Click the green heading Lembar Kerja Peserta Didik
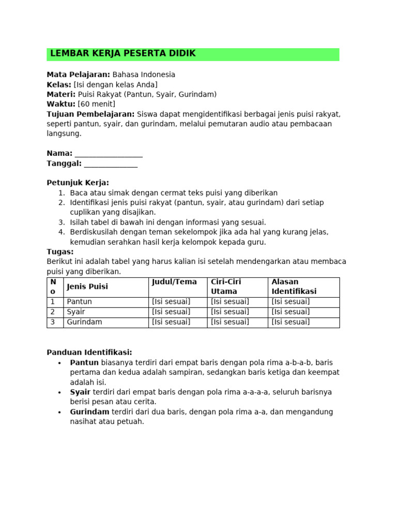tap(123, 54)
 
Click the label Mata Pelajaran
tap(79, 75)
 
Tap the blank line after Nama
tap(109, 154)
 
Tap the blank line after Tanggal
tap(111, 164)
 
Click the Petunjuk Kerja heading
tap(78, 183)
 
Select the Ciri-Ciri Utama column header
tap(226, 287)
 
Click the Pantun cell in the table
tap(80, 302)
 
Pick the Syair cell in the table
tap(76, 312)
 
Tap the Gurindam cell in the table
tap(85, 322)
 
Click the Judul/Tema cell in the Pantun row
tap(171, 302)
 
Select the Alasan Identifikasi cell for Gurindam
tap(291, 322)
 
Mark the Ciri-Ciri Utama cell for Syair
tap(230, 312)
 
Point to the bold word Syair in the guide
tap(80, 392)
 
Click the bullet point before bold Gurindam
tap(60, 413)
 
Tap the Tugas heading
tap(60, 252)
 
